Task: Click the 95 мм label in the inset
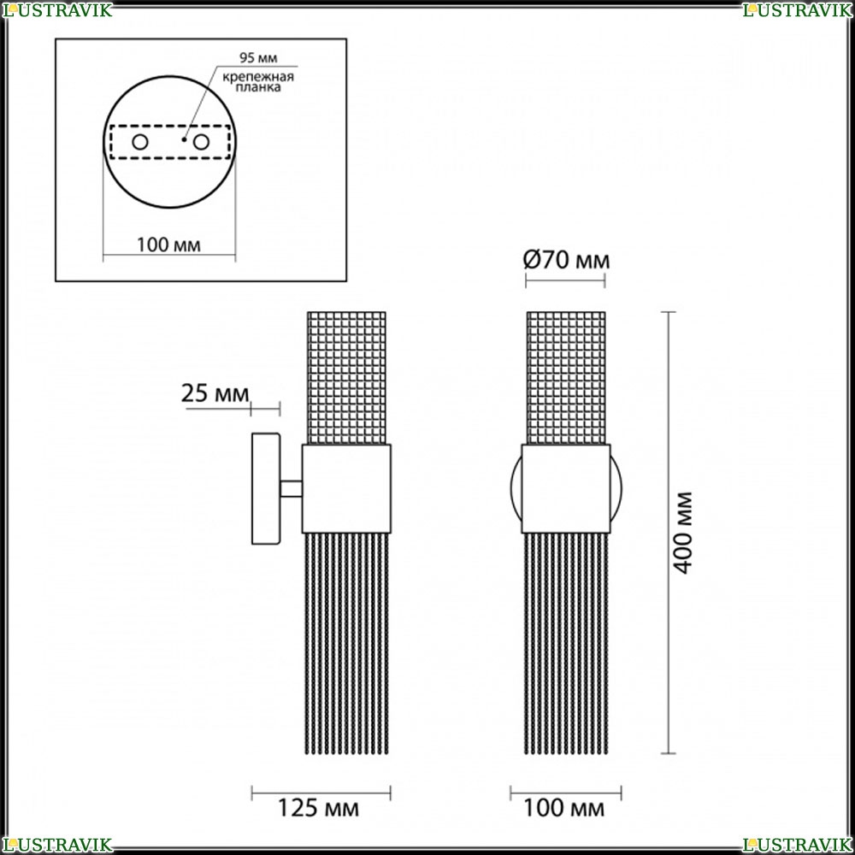[258, 58]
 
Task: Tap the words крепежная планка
[258, 82]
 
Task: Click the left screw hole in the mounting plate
[140, 142]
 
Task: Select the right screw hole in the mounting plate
[201, 142]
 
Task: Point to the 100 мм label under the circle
[168, 245]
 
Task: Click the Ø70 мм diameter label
[566, 260]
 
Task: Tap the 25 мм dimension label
[215, 392]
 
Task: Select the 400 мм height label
[682, 533]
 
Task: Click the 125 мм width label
[318, 808]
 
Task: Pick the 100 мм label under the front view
[563, 808]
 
